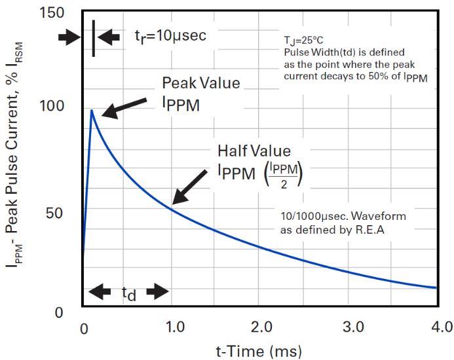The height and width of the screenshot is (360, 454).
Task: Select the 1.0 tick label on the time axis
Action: click(x=172, y=326)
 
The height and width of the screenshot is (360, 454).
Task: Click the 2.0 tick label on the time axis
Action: click(x=261, y=326)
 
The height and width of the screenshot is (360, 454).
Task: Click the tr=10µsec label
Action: click(x=170, y=36)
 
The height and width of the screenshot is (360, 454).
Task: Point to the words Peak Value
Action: click(x=201, y=84)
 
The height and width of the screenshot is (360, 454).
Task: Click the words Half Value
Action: click(x=254, y=151)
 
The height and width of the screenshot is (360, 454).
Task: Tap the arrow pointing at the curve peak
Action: click(x=124, y=107)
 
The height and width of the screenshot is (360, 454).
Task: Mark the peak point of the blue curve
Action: click(x=92, y=111)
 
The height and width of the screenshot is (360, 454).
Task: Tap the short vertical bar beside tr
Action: click(x=94, y=38)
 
